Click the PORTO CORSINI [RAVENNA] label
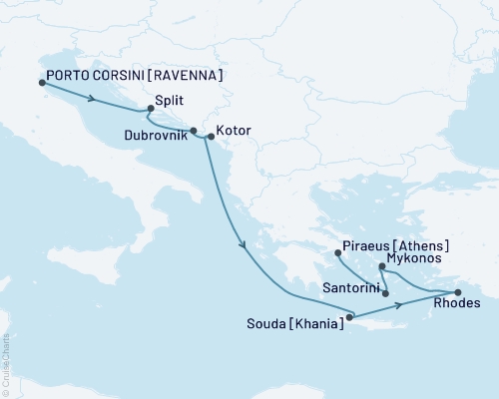[131, 75]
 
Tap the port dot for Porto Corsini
[42, 84]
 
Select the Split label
[172, 113]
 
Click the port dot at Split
[151, 109]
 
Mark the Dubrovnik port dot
[194, 131]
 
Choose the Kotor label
[233, 131]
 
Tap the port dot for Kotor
[210, 137]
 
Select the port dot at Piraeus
[337, 252]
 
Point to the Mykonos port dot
[383, 266]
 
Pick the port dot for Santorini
[385, 293]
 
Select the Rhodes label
[458, 304]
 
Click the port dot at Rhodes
[457, 291]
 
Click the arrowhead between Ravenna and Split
[92, 98]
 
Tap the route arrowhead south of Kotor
[242, 244]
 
